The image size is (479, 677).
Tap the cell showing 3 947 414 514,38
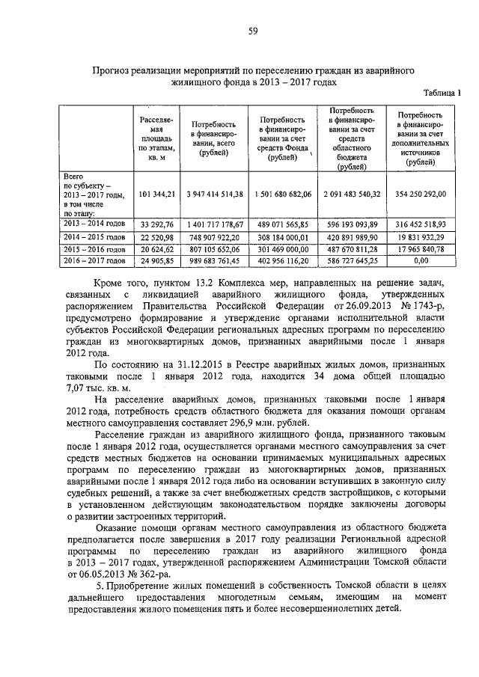[214, 193]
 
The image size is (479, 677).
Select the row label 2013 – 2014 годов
[94, 224]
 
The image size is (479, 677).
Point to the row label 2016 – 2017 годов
[94, 260]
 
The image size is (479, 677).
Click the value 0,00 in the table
[419, 260]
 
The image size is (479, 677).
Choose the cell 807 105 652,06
[214, 248]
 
